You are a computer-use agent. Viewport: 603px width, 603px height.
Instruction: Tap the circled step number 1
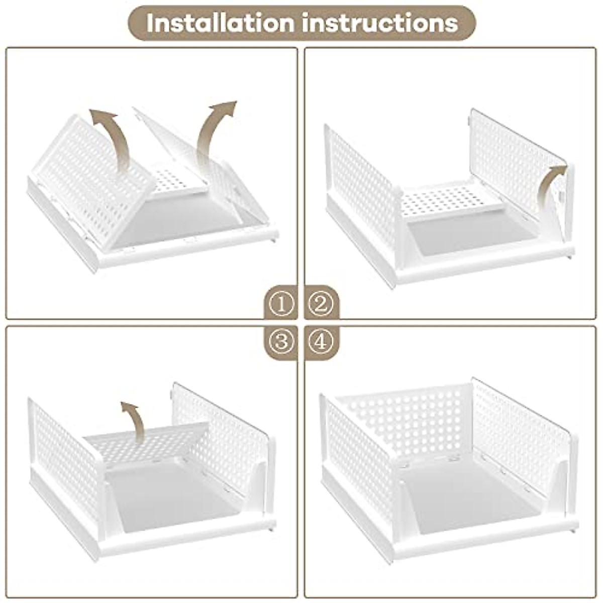[x=281, y=304]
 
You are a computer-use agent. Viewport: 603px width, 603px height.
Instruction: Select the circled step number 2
[x=321, y=304]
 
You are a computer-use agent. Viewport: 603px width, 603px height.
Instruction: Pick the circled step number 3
[x=281, y=342]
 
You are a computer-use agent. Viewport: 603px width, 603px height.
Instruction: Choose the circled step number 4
[x=321, y=342]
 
